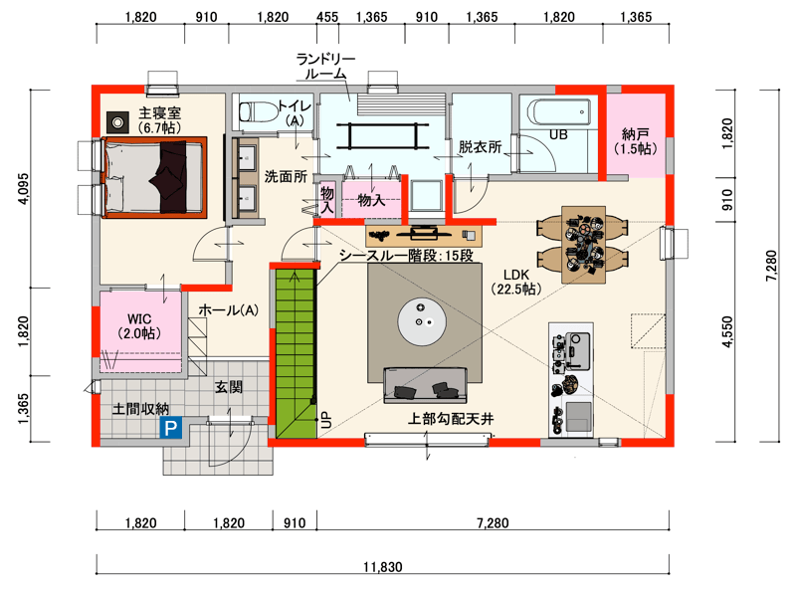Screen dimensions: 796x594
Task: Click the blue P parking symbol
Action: click(170, 428)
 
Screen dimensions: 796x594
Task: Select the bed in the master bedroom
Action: click(154, 177)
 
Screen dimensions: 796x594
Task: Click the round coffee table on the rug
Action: click(422, 320)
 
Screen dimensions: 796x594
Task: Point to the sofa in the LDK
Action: click(425, 385)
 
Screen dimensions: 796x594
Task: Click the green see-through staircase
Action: click(296, 353)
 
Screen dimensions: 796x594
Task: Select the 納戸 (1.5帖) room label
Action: click(635, 141)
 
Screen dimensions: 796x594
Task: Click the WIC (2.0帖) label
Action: click(139, 326)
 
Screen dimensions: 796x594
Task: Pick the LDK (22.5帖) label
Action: click(515, 282)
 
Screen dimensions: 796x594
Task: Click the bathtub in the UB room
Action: click(558, 112)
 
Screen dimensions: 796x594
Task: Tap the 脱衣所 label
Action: click(480, 147)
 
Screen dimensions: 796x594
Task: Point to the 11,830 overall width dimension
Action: click(383, 566)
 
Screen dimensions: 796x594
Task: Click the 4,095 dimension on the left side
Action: click(23, 189)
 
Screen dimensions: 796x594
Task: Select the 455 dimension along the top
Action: click(327, 17)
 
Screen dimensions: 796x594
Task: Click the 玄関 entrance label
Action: click(229, 387)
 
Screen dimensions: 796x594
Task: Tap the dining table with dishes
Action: click(583, 245)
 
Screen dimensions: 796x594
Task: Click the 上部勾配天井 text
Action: click(451, 419)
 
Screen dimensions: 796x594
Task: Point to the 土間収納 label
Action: click(140, 409)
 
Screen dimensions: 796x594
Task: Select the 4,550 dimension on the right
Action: click(727, 331)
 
